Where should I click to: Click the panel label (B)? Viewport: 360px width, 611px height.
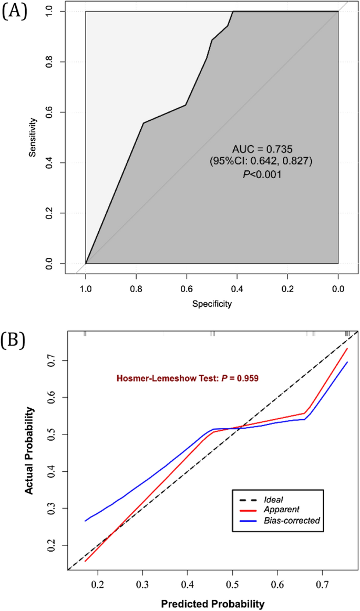(13, 340)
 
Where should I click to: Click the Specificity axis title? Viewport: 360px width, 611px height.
(212, 304)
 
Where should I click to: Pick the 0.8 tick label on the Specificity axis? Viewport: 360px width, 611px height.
(136, 288)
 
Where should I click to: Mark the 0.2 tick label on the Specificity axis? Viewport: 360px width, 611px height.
(287, 288)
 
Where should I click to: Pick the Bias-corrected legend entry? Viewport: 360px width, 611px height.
(294, 521)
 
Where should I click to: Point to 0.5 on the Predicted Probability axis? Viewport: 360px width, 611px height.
(232, 584)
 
